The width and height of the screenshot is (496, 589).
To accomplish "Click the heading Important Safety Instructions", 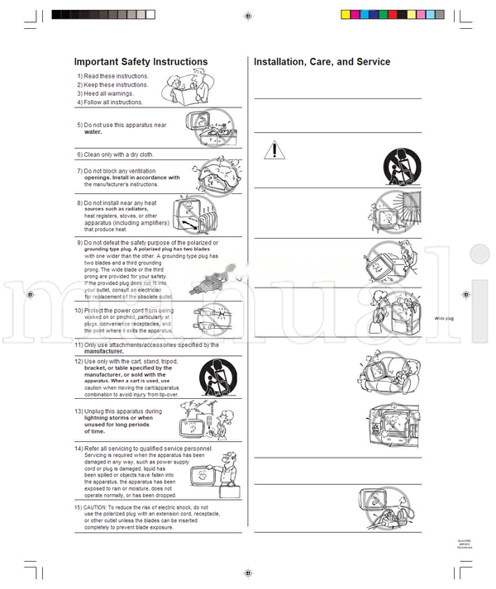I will (x=141, y=62).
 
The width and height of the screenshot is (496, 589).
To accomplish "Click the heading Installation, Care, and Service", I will (x=322, y=62).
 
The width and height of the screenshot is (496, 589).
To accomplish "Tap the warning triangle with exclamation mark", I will (x=274, y=150).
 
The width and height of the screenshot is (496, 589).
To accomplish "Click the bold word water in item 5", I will (x=93, y=132).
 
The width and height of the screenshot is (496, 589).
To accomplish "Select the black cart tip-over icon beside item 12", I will (x=218, y=379).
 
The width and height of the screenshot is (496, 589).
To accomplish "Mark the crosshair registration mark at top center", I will (x=248, y=15).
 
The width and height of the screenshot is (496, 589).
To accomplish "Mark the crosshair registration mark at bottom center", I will (x=248, y=572).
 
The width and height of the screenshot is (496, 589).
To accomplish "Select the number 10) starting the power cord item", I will (x=79, y=311).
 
